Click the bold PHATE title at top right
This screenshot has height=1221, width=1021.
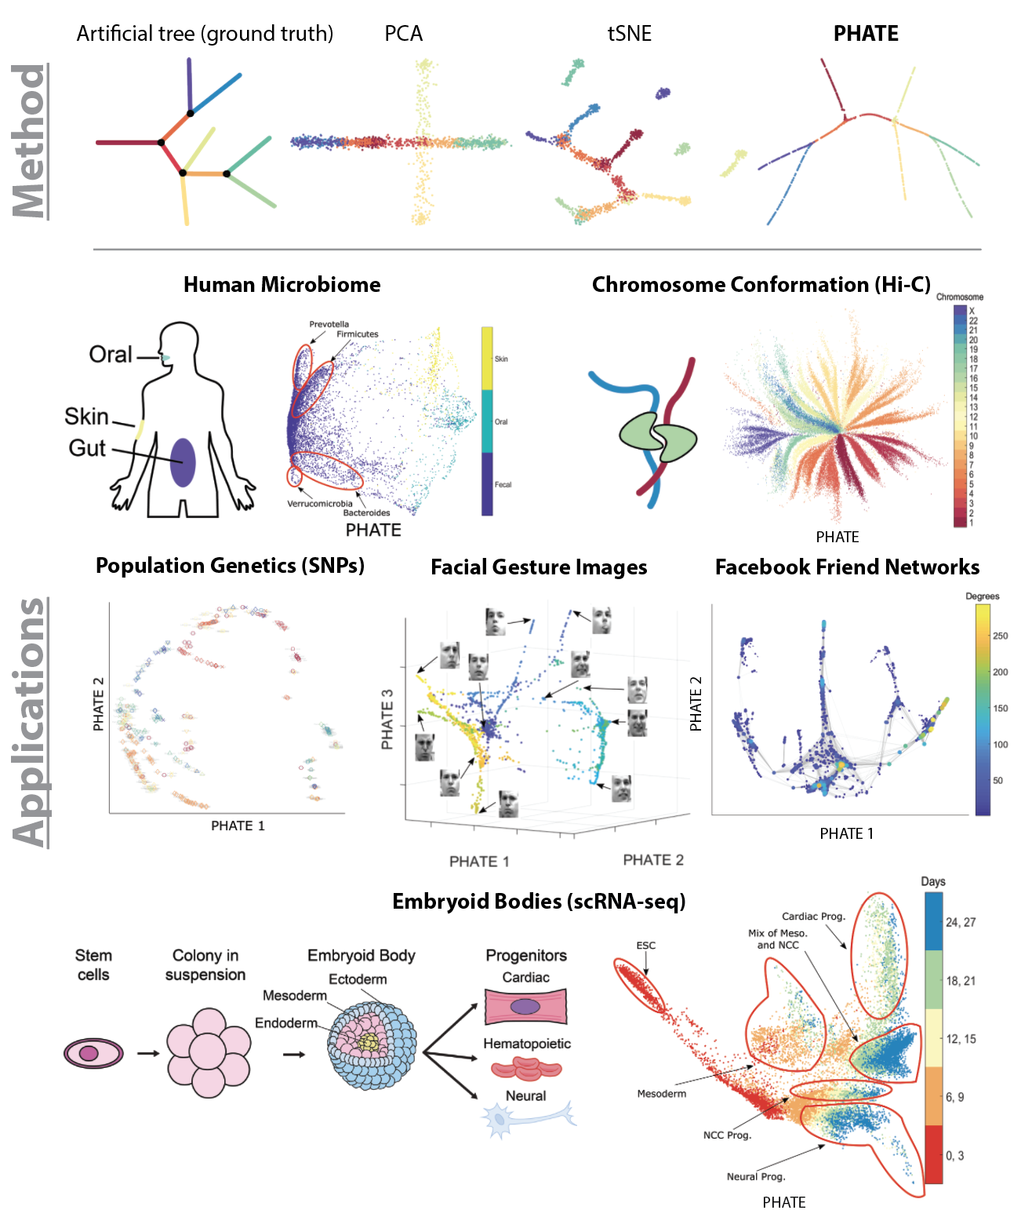click(866, 34)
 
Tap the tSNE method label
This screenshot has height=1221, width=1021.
click(630, 34)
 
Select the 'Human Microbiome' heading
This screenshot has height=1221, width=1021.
click(282, 285)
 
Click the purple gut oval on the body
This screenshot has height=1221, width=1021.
click(183, 462)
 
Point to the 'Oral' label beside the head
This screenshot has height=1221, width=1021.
click(111, 355)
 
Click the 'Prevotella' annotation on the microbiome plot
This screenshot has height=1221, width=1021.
click(329, 324)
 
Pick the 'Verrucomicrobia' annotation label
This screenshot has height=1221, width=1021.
click(319, 504)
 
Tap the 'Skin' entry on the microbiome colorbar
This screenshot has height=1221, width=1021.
click(501, 359)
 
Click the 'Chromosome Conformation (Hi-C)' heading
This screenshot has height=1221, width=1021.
click(761, 285)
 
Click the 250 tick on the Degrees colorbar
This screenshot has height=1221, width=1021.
click(1000, 636)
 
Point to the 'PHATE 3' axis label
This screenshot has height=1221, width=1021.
click(387, 720)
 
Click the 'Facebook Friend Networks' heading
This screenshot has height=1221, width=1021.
click(847, 567)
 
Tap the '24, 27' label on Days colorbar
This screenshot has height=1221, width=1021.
click(961, 923)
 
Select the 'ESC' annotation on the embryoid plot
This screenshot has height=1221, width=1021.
click(645, 946)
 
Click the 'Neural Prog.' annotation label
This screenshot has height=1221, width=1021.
click(756, 1176)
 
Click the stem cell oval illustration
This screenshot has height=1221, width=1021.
click(93, 1053)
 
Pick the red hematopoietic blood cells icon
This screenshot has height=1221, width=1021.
click(526, 1069)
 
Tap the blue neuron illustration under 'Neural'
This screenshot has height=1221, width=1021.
click(525, 1117)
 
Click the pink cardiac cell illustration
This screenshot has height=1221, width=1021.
click(525, 1007)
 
